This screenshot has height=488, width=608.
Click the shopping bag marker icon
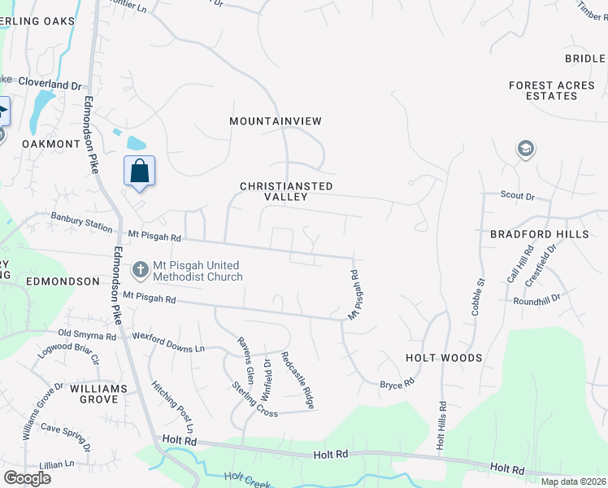click(139, 171)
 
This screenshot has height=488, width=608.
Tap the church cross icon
click(140, 269)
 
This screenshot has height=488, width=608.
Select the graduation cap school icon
click(524, 149)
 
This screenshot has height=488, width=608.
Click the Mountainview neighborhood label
click(276, 121)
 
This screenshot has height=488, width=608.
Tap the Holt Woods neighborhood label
click(444, 358)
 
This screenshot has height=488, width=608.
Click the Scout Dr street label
click(518, 196)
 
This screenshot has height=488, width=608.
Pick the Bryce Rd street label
click(397, 382)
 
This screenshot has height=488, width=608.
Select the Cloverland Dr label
click(52, 85)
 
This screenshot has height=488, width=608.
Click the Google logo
click(27, 478)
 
